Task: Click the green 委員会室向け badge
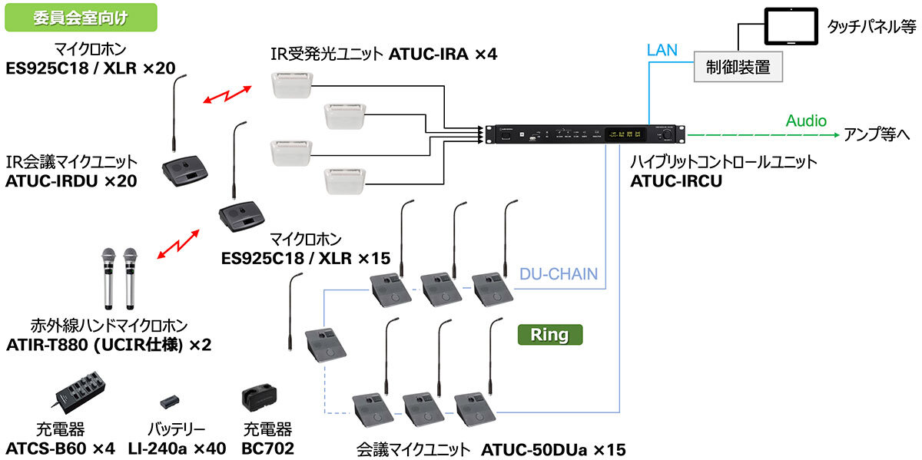tap(81, 18)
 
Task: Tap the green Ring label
tap(549, 335)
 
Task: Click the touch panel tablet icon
tap(789, 26)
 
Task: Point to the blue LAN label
tap(662, 50)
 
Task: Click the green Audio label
tap(805, 121)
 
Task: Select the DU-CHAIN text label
tap(558, 274)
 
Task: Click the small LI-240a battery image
tap(171, 402)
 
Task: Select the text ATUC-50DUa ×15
tap(552, 448)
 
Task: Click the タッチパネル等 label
tap(871, 27)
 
